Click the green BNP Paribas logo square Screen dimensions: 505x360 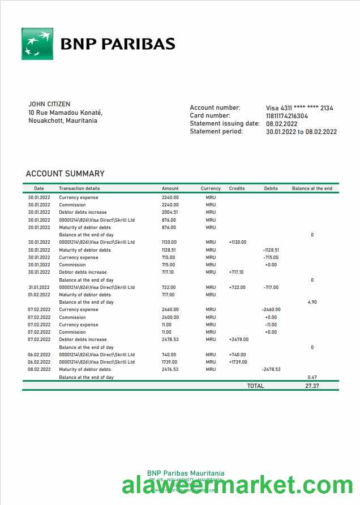pyautogui.click(x=37, y=44)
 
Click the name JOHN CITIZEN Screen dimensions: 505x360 pyautogui.click(x=49, y=104)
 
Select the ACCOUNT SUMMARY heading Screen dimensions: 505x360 pyautogui.click(x=65, y=174)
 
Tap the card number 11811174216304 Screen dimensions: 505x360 pyautogui.click(x=287, y=116)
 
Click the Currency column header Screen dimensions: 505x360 pyautogui.click(x=211, y=188)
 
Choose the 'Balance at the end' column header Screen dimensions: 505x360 pyautogui.click(x=312, y=188)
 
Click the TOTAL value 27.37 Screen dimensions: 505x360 pyautogui.click(x=312, y=386)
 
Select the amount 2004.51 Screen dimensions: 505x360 pyautogui.click(x=170, y=212)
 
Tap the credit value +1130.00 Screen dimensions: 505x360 pyautogui.click(x=237, y=242)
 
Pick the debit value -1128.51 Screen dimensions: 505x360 pyautogui.click(x=271, y=250)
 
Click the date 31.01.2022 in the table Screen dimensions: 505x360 pyautogui.click(x=39, y=287)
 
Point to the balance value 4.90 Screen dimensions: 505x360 pyautogui.click(x=312, y=302)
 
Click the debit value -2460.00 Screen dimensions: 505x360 pyautogui.click(x=271, y=309)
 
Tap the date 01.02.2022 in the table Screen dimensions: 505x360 pyautogui.click(x=39, y=295)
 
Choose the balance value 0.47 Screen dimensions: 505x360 pyautogui.click(x=312, y=377)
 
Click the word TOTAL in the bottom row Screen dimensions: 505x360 pyautogui.click(x=255, y=386)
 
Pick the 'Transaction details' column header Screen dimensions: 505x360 pyautogui.click(x=79, y=188)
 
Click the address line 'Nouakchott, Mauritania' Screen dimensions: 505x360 pyautogui.click(x=62, y=120)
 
